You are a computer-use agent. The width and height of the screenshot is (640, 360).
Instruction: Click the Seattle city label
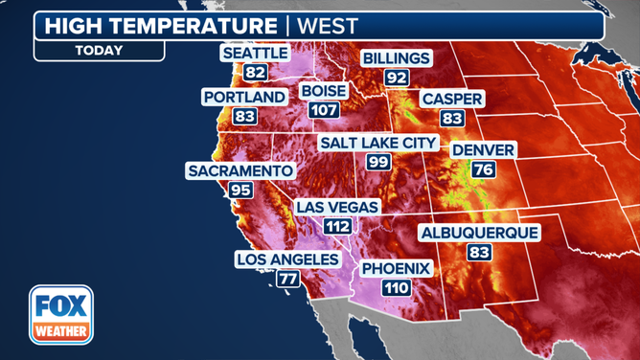pyautogui.click(x=256, y=54)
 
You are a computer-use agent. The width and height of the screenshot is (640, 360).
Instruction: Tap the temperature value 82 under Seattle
pyautogui.click(x=256, y=72)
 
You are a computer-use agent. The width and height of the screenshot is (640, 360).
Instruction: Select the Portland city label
pyautogui.click(x=244, y=97)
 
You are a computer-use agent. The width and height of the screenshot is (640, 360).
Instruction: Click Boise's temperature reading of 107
pyautogui.click(x=324, y=110)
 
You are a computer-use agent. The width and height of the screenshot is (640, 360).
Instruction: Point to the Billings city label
pyautogui.click(x=396, y=58)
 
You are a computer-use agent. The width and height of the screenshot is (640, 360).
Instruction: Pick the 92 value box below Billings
pyautogui.click(x=397, y=77)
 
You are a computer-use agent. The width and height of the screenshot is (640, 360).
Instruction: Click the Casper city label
pyautogui.click(x=452, y=100)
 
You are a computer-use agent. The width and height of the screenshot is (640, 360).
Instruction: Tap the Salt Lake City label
pyautogui.click(x=378, y=143)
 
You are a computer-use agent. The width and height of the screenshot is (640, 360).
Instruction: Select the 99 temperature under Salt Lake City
pyautogui.click(x=378, y=162)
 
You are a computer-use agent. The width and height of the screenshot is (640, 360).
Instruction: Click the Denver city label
pyautogui.click(x=484, y=150)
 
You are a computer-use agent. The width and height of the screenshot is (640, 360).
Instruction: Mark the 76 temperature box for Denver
pyautogui.click(x=484, y=169)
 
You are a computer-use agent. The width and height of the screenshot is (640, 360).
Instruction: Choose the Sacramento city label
pyautogui.click(x=240, y=170)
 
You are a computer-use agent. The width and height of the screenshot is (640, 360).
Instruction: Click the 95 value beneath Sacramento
pyautogui.click(x=240, y=190)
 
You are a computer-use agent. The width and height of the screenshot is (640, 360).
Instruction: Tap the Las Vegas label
pyautogui.click(x=337, y=207)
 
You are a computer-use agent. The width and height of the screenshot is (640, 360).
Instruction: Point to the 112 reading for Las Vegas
pyautogui.click(x=337, y=227)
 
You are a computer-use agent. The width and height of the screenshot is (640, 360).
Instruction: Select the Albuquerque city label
pyautogui.click(x=479, y=233)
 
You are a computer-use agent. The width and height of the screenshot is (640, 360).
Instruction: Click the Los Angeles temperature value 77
pyautogui.click(x=288, y=279)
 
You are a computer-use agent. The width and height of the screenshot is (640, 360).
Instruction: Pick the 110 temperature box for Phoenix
pyautogui.click(x=396, y=288)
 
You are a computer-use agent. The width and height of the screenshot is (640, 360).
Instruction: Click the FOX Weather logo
pyautogui.click(x=61, y=315)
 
